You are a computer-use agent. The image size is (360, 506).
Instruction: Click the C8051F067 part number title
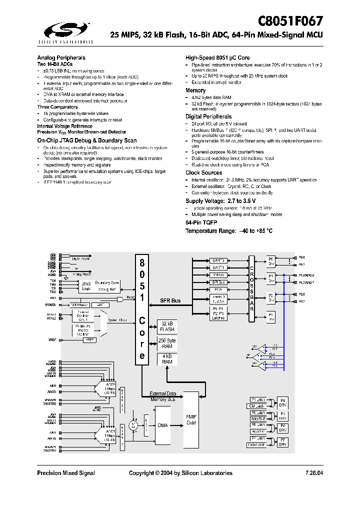(x=290, y=21)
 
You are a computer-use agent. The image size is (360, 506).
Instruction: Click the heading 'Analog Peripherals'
(x=61, y=58)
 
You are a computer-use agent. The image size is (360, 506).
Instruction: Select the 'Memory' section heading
(x=195, y=90)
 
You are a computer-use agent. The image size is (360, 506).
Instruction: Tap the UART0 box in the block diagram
(x=219, y=260)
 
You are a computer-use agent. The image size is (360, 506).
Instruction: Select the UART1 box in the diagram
(x=219, y=267)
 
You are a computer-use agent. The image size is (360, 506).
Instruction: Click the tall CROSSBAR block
(x=252, y=289)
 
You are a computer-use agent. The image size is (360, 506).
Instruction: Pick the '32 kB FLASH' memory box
(x=166, y=326)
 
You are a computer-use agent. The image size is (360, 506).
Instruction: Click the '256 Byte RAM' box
(x=166, y=343)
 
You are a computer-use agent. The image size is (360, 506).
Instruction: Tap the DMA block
(x=162, y=425)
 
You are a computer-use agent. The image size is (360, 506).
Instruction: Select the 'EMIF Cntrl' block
(x=191, y=419)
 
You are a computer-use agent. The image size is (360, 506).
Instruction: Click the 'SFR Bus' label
(x=171, y=300)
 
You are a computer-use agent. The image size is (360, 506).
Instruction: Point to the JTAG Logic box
(x=86, y=286)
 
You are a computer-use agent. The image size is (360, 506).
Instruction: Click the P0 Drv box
(x=271, y=261)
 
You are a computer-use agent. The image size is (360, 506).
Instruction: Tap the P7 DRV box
(x=283, y=441)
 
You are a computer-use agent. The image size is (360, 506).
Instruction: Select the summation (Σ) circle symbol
(x=133, y=425)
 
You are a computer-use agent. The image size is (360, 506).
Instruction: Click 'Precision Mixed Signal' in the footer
(x=66, y=473)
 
